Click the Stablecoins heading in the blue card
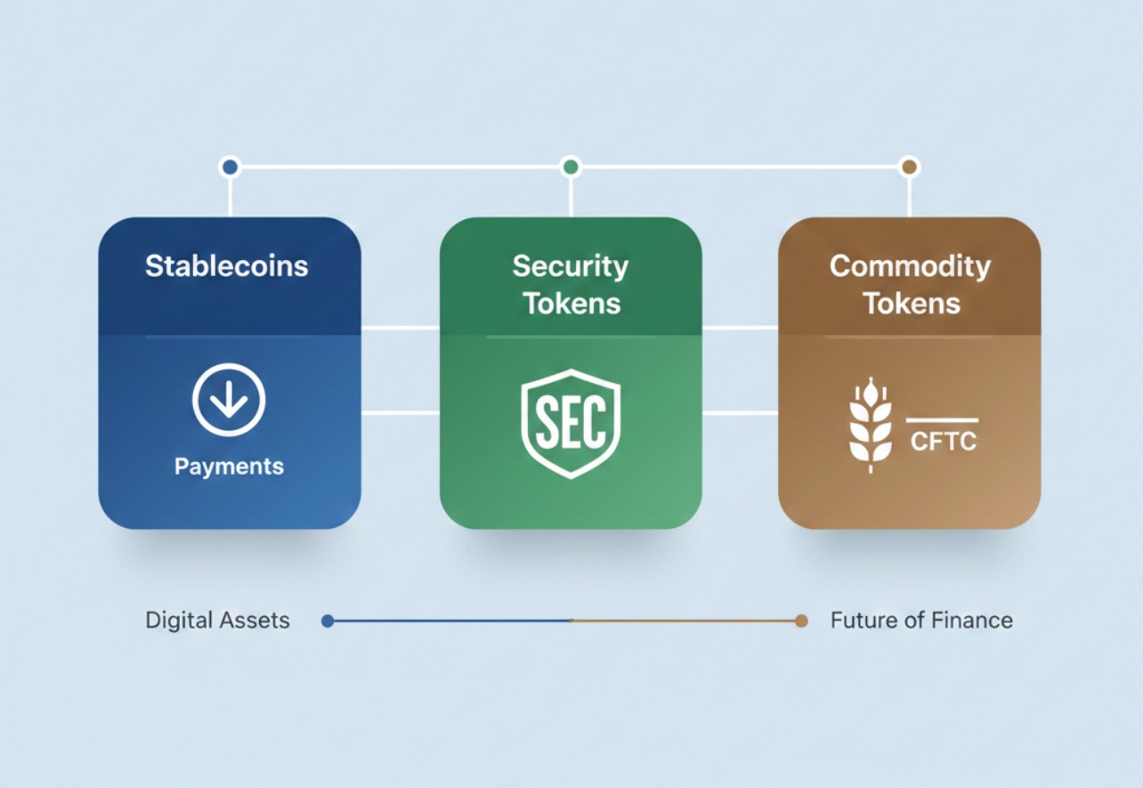pos(227,266)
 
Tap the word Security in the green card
pos(571,265)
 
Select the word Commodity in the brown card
pos(910,266)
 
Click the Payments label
pos(229,467)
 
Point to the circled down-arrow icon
pos(229,400)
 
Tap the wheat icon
pos(871,425)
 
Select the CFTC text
pos(944,441)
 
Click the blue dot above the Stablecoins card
pos(230,167)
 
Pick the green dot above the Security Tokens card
pos(571,167)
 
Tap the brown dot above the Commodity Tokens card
pos(909,167)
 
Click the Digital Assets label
pos(217,621)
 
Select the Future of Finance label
pos(921,621)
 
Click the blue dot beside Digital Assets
pos(328,621)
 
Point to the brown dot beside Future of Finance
pos(801,621)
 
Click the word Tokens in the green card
pos(571,304)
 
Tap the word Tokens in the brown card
pos(912,304)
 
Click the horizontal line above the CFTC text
pos(942,420)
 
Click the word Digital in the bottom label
pos(177,621)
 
